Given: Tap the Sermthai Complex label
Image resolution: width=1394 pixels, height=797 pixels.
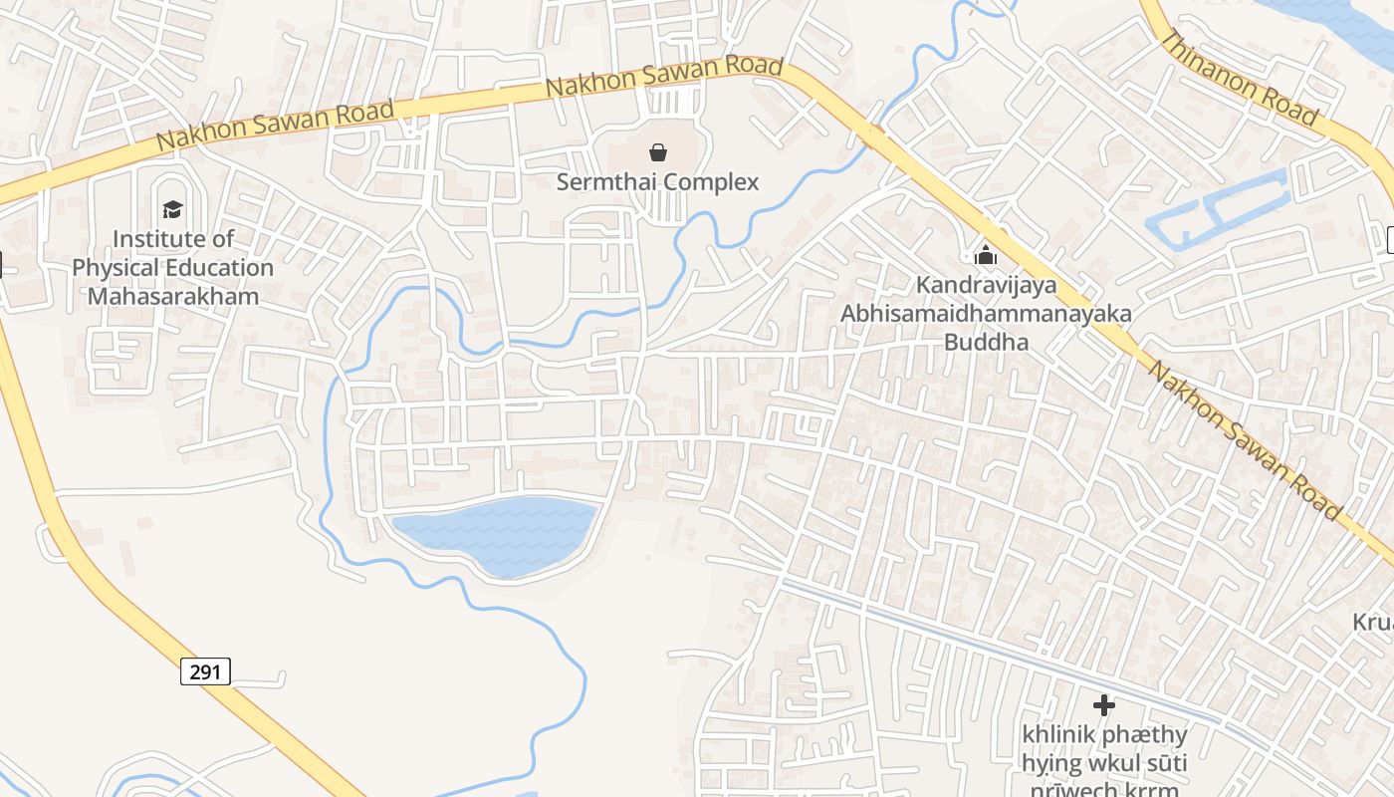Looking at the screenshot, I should click(657, 182).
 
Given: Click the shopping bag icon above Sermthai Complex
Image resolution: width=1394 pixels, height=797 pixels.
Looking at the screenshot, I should click(657, 152).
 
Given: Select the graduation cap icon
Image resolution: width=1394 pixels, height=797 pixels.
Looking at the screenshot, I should click(173, 209).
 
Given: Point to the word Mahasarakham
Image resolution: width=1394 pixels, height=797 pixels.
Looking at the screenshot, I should click(173, 296).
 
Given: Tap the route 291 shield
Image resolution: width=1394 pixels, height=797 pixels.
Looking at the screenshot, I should click(206, 671).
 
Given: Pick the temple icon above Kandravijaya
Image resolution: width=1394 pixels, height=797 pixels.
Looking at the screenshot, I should click(986, 255).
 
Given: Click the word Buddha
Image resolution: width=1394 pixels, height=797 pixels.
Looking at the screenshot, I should click(986, 343).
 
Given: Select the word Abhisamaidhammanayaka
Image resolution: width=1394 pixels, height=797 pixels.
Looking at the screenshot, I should click(986, 314).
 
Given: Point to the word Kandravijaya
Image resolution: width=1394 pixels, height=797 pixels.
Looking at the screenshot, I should click(986, 286).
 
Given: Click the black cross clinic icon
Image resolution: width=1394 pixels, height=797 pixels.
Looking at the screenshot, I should click(1103, 705).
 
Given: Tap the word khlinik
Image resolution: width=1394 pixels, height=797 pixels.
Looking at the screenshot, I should click(1057, 735).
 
